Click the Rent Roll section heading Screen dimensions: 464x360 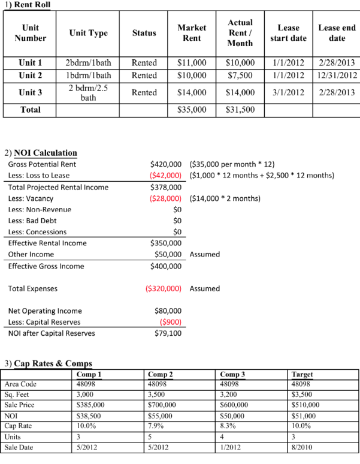pos(28,5)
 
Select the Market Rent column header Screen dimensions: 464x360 pos(192,32)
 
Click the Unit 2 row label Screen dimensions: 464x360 pos(30,76)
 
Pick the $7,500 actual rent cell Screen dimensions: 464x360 pos(240,76)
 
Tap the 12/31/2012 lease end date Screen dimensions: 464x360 pos(337,76)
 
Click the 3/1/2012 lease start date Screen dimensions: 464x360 pos(288,92)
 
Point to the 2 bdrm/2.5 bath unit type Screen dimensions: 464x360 pos(88,92)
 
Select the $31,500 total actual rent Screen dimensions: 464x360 pos(240,110)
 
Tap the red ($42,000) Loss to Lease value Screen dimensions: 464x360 pos(166,175)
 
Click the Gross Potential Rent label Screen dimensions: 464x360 pos(42,164)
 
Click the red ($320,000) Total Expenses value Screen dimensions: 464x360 pos(164,288)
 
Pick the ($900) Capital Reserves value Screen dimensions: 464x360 pos(171,322)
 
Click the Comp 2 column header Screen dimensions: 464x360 pos(160,374)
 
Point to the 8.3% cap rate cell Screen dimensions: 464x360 pos(228,426)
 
